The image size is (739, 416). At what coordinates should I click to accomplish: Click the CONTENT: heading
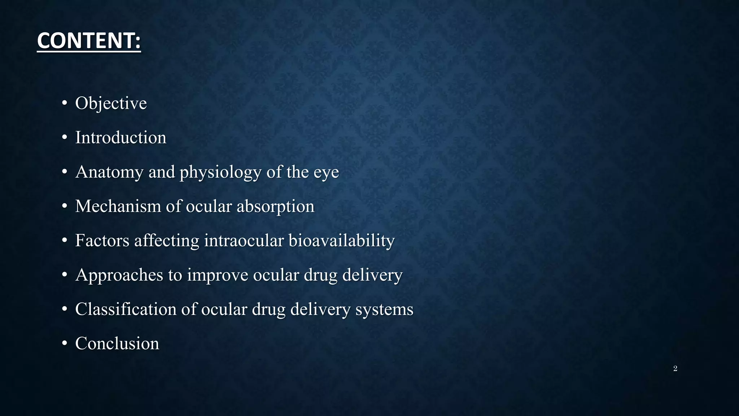coord(89,40)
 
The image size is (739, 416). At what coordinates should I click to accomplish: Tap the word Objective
coord(111,103)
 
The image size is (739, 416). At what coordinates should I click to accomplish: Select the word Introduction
coord(121,138)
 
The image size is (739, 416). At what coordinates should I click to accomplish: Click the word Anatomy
coord(109,172)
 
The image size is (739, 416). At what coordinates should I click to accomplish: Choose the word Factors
coord(102,240)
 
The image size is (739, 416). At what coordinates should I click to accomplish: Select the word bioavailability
coord(341,241)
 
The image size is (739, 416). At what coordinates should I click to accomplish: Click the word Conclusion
coord(117,343)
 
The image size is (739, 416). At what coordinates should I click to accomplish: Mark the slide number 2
coord(675,368)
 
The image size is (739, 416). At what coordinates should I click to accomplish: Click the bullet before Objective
coord(64,104)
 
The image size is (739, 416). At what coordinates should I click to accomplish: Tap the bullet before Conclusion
coord(64,344)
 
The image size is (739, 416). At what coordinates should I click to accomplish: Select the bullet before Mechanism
coord(64,207)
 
